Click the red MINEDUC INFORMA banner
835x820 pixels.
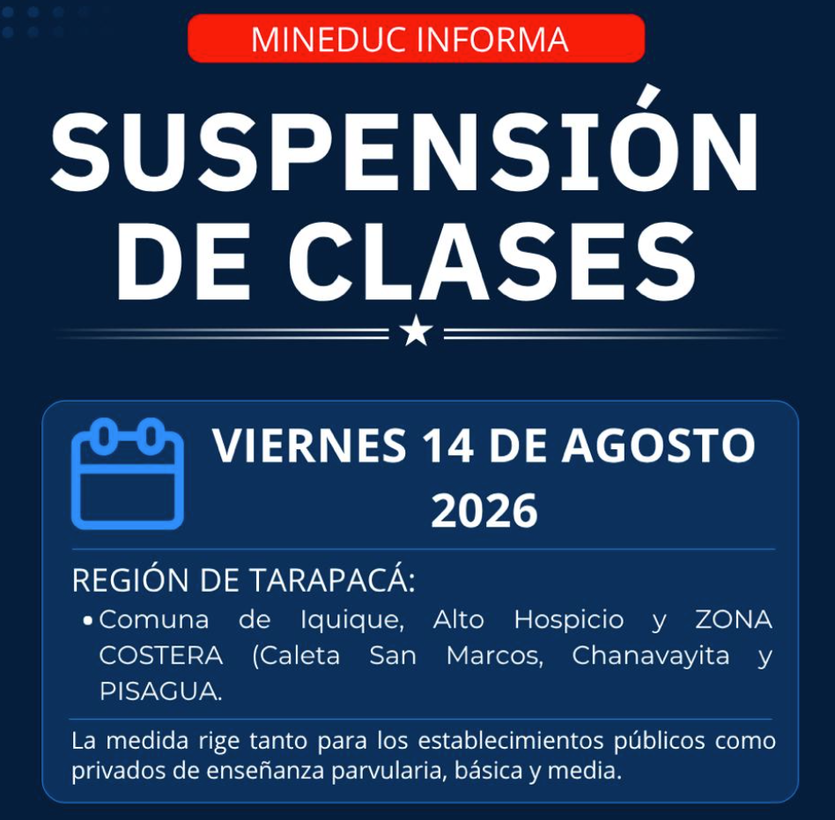(416, 39)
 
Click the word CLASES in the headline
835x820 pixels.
(492, 261)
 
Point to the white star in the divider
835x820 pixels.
(416, 331)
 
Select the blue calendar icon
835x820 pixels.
(128, 474)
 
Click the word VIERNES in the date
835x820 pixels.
(309, 445)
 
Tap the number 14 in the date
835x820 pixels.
(447, 445)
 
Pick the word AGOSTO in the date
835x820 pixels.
(659, 445)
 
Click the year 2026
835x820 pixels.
(484, 511)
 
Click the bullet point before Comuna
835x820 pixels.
(88, 621)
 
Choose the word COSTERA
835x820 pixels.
(161, 655)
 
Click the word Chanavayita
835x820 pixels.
(651, 656)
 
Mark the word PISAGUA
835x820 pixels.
(161, 691)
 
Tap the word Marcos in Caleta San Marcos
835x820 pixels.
(495, 656)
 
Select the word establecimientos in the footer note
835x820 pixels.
(510, 741)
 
